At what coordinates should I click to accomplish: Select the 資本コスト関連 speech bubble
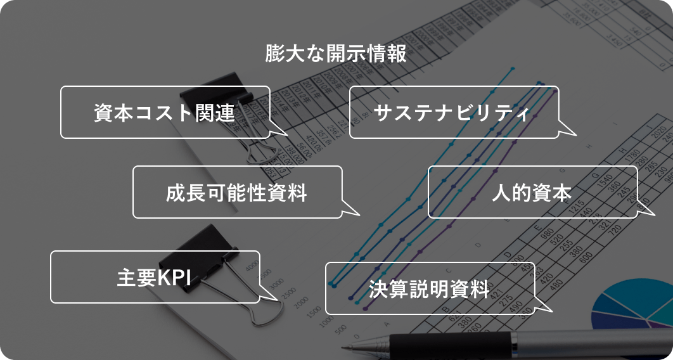[x=165, y=112]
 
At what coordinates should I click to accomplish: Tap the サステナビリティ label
[x=454, y=112]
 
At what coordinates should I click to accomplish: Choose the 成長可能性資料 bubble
[x=237, y=192]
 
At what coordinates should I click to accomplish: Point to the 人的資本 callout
[x=532, y=192]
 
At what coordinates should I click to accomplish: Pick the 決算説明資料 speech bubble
[x=430, y=288]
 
